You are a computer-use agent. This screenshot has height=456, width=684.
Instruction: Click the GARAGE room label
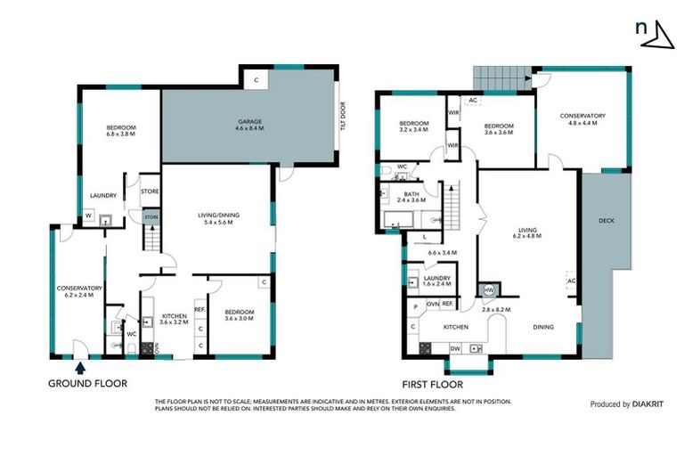tap(249, 125)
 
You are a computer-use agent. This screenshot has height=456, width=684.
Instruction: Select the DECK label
tap(607, 221)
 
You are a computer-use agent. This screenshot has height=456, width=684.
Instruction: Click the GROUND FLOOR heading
tap(87, 384)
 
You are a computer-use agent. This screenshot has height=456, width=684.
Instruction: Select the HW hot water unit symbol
tap(489, 289)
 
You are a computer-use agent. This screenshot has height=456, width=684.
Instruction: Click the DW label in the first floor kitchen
tap(455, 348)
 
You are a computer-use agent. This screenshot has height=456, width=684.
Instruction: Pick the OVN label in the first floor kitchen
tap(433, 305)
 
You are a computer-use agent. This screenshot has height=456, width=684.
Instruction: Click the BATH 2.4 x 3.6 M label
tap(411, 198)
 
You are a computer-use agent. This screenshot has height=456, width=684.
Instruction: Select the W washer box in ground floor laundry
tap(88, 215)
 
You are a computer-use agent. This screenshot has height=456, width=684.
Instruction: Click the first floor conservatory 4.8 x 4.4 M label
tap(582, 119)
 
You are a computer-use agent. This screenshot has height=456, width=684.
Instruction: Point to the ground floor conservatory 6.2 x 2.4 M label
tap(80, 292)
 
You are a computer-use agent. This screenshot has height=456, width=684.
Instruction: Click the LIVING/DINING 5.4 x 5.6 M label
tap(218, 218)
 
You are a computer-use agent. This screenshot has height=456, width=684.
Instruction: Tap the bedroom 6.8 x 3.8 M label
tap(120, 131)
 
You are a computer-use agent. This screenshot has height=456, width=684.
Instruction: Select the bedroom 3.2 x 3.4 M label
tap(414, 126)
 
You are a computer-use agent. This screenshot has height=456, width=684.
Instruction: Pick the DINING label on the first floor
tap(543, 327)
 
